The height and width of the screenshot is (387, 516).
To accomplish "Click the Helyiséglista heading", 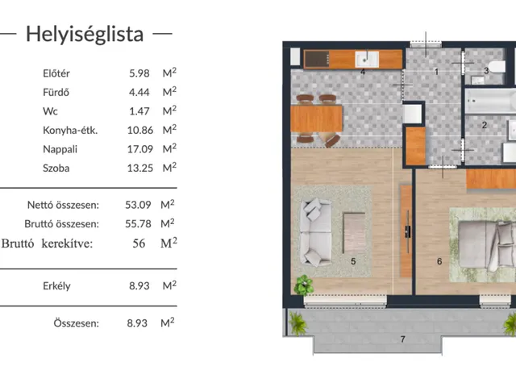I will pyautogui.click(x=85, y=34).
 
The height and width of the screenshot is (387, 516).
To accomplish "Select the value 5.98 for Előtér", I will pyautogui.click(x=140, y=73).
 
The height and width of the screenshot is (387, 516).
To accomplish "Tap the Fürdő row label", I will pyautogui.click(x=56, y=92).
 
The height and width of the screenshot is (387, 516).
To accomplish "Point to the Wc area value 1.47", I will pyautogui.click(x=140, y=110).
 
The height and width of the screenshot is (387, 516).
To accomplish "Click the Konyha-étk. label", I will pyautogui.click(x=70, y=130).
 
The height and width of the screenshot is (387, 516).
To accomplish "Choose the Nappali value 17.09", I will pyautogui.click(x=138, y=149).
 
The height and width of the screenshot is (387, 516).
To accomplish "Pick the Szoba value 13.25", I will pyautogui.click(x=138, y=168).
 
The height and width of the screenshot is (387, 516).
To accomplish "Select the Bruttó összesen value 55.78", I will pyautogui.click(x=138, y=224).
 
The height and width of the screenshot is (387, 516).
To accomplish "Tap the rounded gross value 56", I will pyautogui.click(x=138, y=243).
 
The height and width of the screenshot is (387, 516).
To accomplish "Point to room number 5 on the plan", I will pyautogui.click(x=353, y=261).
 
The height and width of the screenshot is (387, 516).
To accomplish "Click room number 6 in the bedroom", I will pyautogui.click(x=439, y=261).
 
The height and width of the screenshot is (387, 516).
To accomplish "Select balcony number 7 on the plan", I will pyautogui.click(x=402, y=339).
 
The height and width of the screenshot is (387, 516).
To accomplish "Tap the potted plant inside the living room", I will pyautogui.click(x=304, y=285).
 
